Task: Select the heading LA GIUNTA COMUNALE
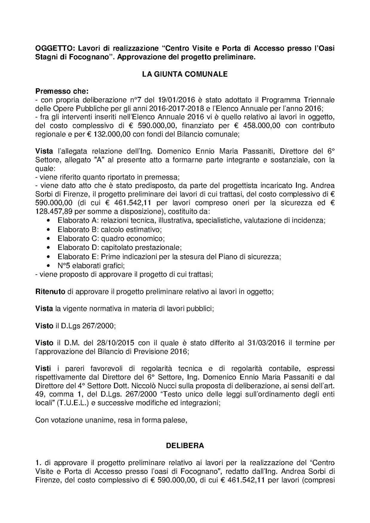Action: point(185,74)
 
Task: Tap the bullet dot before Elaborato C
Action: point(49,239)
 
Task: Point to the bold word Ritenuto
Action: point(50,291)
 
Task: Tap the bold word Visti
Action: point(43,368)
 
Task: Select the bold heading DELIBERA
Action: point(185,446)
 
